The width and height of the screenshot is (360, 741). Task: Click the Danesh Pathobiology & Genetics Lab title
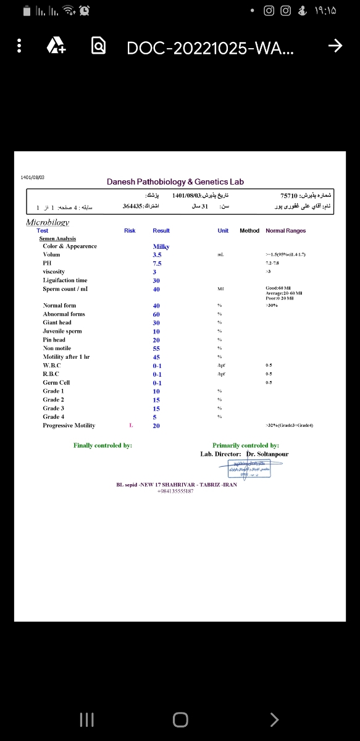tap(175, 182)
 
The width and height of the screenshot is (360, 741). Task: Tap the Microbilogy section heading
tap(48, 222)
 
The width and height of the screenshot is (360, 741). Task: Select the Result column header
tap(161, 231)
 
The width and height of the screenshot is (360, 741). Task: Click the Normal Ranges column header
tap(285, 231)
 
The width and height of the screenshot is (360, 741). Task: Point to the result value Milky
tap(161, 246)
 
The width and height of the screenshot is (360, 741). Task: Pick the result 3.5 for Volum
tap(157, 255)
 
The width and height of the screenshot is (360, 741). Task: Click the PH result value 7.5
tap(157, 264)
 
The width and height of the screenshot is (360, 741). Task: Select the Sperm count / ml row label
tap(65, 289)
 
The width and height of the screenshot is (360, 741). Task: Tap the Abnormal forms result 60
tap(157, 314)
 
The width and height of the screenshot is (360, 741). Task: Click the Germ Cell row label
tap(56, 383)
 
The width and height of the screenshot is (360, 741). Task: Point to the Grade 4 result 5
tap(155, 417)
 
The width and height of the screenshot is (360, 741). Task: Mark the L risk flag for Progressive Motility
tap(130, 425)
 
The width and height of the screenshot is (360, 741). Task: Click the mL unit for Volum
tap(220, 255)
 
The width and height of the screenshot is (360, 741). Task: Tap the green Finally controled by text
tap(103, 445)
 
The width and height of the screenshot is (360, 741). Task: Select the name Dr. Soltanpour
tap(267, 454)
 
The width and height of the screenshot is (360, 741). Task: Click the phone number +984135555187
tap(176, 491)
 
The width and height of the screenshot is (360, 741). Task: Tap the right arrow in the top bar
tap(335, 46)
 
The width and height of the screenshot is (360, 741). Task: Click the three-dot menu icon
tap(20, 46)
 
